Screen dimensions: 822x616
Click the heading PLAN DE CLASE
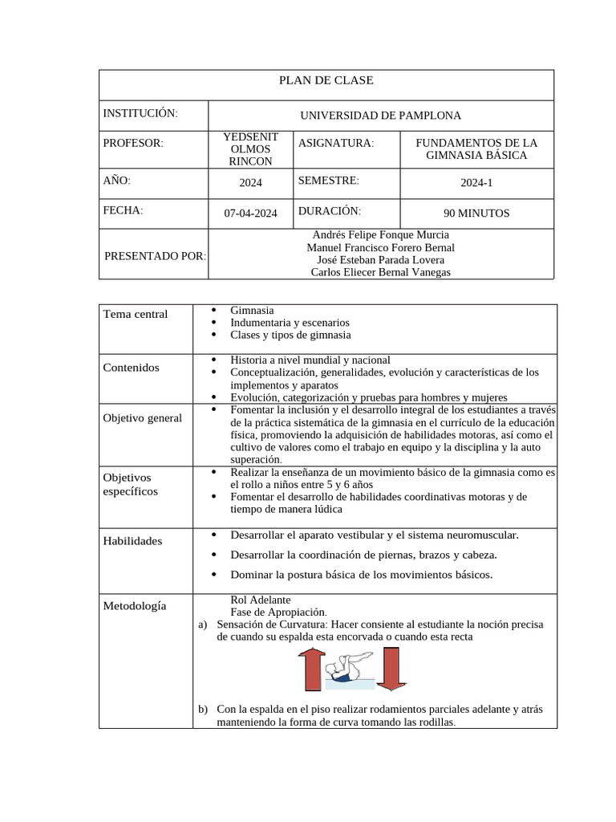click(326, 80)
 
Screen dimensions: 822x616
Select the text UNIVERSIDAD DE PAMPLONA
click(380, 116)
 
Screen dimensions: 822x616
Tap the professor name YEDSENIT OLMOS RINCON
click(250, 149)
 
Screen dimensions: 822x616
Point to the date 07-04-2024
click(250, 214)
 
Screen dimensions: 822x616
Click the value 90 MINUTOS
click(476, 214)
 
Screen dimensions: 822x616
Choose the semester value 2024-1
click(476, 183)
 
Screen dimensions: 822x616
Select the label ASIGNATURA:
click(336, 143)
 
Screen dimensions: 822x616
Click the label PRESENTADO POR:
click(155, 256)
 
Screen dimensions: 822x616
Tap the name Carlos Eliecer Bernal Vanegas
click(380, 272)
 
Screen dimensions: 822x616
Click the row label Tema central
click(136, 314)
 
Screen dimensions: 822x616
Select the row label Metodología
click(135, 605)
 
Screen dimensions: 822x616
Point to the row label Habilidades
click(132, 540)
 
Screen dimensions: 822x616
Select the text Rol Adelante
click(261, 600)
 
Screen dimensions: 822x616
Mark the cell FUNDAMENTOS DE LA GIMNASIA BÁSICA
click(476, 149)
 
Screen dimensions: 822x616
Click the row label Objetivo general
click(143, 417)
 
